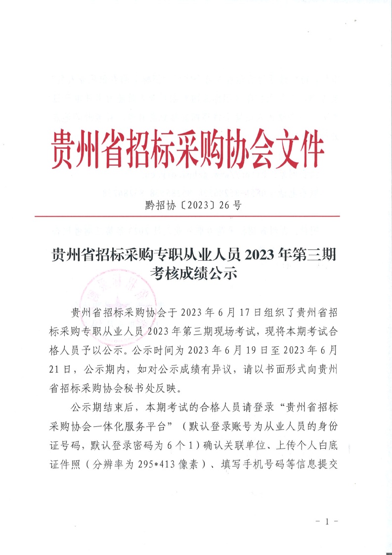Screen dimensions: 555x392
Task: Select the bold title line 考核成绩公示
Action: (195, 274)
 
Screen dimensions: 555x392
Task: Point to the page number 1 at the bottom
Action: (326, 522)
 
